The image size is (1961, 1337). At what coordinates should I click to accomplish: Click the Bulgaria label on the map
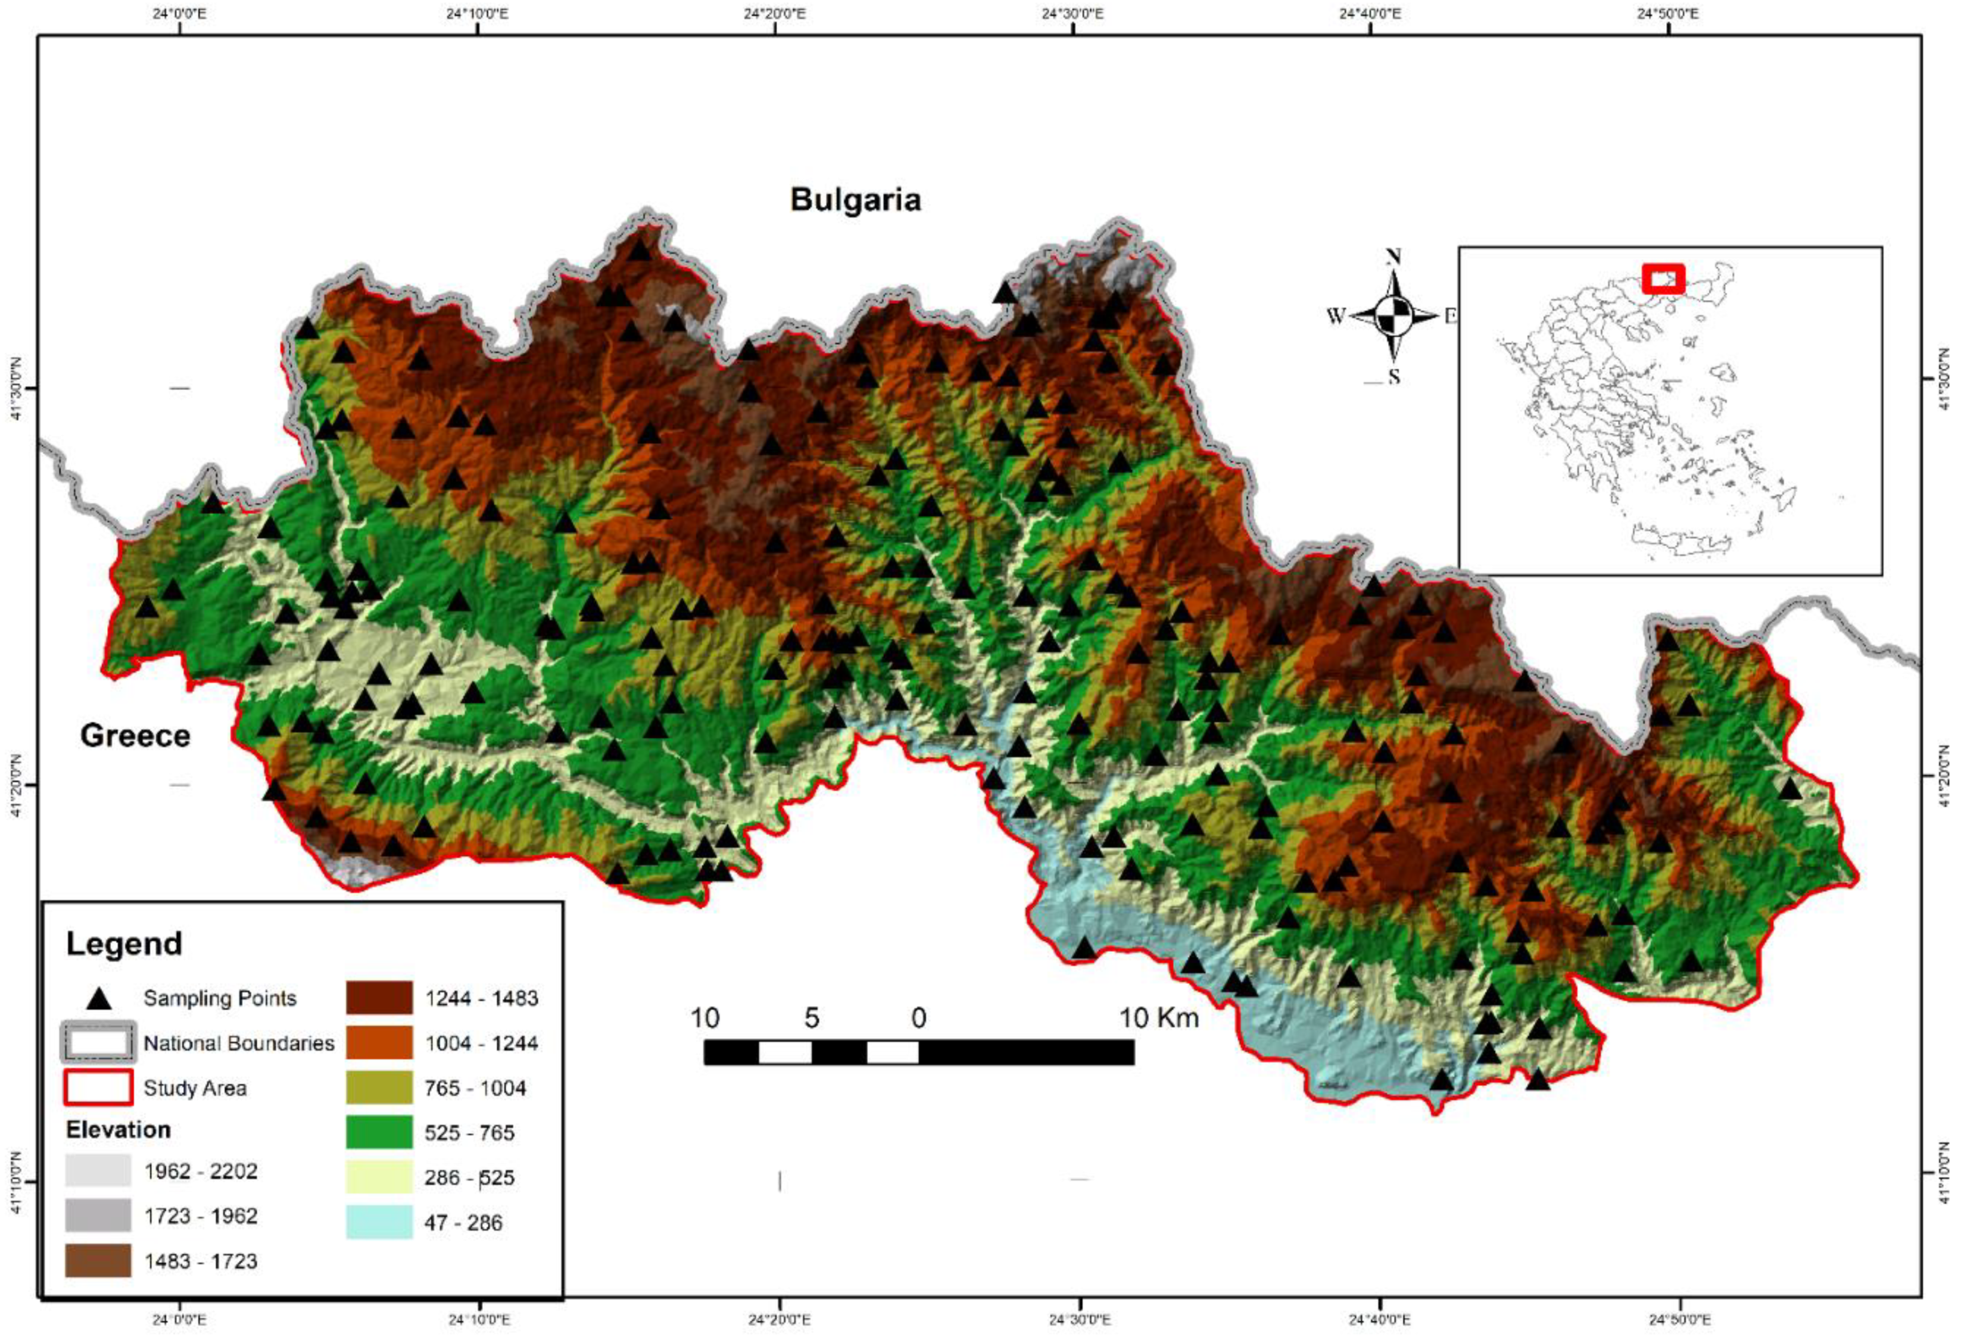click(x=855, y=200)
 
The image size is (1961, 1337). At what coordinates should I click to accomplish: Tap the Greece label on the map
click(x=135, y=736)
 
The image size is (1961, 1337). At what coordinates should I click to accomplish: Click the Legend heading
click(x=124, y=943)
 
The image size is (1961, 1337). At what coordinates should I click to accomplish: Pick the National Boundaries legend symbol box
click(x=98, y=1044)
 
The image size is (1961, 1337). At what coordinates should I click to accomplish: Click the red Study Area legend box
click(x=98, y=1088)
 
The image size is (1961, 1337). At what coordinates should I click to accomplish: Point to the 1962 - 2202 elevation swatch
click(x=98, y=1171)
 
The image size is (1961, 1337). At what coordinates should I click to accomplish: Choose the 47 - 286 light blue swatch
click(x=379, y=1222)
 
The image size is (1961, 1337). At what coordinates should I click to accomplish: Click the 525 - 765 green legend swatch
click(x=379, y=1133)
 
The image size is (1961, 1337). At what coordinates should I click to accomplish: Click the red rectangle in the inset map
click(x=1663, y=279)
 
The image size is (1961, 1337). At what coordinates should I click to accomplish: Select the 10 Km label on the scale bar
click(x=1158, y=1018)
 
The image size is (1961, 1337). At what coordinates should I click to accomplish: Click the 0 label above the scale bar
click(x=918, y=1018)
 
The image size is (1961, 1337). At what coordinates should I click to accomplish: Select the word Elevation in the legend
click(x=118, y=1129)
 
